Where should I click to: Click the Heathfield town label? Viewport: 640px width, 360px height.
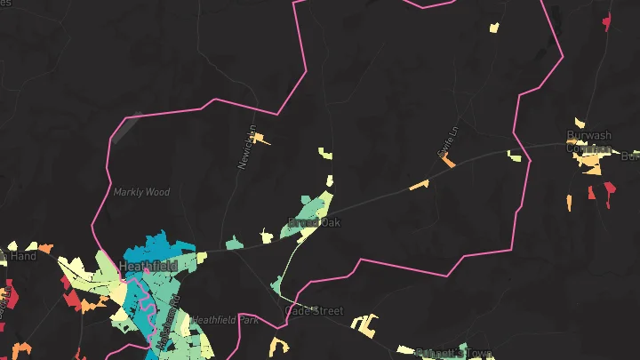[148, 266]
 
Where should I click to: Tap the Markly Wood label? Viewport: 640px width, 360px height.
[141, 192]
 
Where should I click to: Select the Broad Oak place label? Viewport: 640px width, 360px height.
[314, 222]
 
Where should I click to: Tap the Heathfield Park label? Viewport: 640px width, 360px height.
[226, 320]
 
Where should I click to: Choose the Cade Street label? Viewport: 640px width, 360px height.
[314, 311]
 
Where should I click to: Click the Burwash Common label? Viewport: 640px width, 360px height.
[589, 142]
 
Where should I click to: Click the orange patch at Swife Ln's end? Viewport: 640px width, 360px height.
[449, 163]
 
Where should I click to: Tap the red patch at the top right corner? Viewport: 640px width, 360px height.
[607, 20]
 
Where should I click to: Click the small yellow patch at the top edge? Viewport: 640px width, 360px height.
[494, 28]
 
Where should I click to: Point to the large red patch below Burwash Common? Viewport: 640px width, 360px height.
[609, 194]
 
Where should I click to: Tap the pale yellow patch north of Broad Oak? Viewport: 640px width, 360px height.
[326, 155]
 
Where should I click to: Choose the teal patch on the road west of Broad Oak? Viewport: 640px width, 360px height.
[233, 242]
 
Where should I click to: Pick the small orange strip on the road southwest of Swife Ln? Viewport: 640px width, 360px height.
[419, 185]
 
